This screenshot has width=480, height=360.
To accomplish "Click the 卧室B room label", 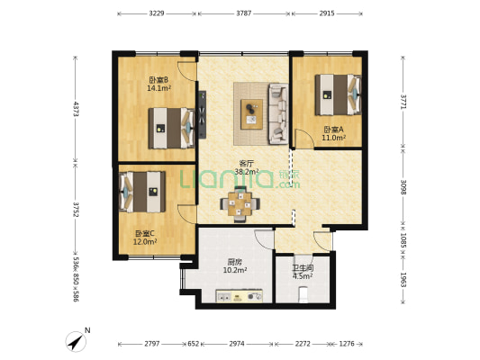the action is tap(159, 80).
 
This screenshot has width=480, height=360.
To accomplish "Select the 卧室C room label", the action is tap(145, 234).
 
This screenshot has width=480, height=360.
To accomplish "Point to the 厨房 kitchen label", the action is tap(235, 262).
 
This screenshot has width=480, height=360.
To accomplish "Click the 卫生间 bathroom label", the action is tap(303, 268).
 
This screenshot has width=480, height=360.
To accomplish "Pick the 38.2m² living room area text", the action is tap(247, 171).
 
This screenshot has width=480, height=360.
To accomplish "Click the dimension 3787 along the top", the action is tap(244, 13).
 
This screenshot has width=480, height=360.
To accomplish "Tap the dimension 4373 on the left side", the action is tap(76, 109).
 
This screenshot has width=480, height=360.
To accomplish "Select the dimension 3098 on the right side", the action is tap(403, 187).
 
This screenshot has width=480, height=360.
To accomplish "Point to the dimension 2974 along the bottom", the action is tap(237, 344).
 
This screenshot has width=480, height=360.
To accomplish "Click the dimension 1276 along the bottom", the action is tap(347, 344).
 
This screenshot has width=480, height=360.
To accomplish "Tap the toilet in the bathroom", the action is tap(303, 294).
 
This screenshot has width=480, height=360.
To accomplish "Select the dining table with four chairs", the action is tap(240, 203).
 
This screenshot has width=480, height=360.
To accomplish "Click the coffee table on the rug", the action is tap(251, 114).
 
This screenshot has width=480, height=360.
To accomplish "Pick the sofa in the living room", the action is tap(278, 113).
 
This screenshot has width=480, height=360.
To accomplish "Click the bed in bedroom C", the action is tap(142, 192).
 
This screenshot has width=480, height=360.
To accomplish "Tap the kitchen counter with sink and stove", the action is tap(240, 296).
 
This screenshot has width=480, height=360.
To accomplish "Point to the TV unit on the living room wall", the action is tap(202, 114).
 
